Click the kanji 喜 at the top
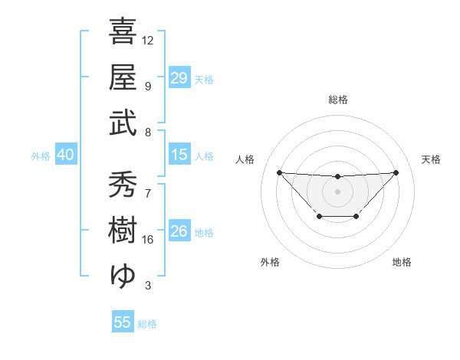coord(123,33)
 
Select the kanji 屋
coord(123,77)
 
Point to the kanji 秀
coord(123,185)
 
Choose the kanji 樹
coord(123,229)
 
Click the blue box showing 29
coord(179,78)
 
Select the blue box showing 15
coord(179,155)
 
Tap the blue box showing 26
coord(179,231)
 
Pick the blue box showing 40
coord(65,155)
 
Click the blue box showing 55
coord(123,322)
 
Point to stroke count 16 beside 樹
coord(148,239)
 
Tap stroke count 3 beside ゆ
coord(148,286)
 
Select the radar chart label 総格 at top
coord(337,100)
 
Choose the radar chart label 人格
coord(245,159)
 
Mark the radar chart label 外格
coord(270,262)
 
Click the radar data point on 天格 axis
coord(396,172)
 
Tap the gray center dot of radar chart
coord(337,191)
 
